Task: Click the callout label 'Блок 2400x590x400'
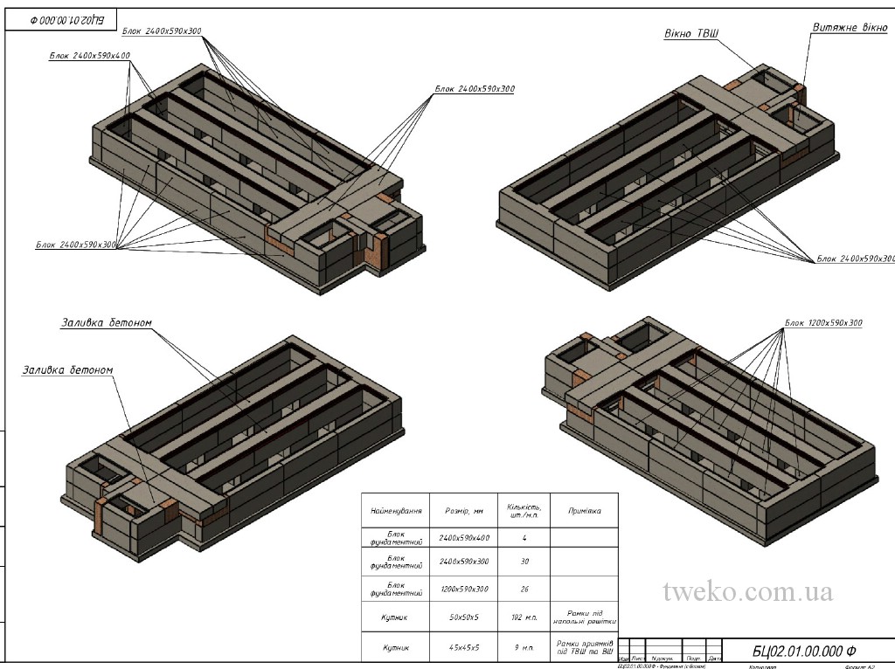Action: point(90,56)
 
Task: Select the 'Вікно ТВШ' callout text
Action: point(691,33)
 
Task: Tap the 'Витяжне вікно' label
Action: point(850,28)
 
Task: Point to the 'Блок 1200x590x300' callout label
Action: point(823,323)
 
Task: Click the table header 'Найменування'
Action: point(397,511)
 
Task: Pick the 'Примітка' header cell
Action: point(584,511)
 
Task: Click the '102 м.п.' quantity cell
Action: point(524,618)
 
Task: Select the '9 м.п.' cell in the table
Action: point(524,648)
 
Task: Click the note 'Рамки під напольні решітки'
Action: point(584,618)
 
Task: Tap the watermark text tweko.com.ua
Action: point(748,592)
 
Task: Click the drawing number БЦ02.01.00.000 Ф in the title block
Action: point(804,651)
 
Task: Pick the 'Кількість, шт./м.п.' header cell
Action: point(524,510)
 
